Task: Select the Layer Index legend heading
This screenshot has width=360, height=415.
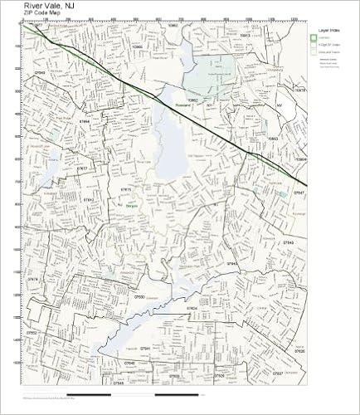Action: tap(328, 31)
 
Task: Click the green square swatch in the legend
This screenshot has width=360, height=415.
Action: tap(315, 38)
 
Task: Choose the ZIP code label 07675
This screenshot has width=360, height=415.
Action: tap(127, 189)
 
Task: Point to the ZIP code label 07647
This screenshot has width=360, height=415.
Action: tap(300, 192)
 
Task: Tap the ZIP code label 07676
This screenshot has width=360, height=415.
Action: tap(34, 280)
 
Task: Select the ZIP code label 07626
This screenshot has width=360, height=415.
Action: tap(299, 351)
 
